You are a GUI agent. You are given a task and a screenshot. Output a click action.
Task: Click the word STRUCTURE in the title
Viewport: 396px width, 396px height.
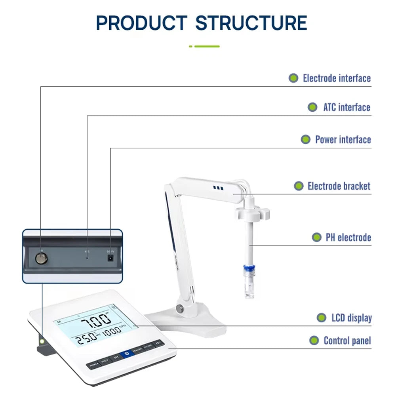pyautogui.click(x=251, y=23)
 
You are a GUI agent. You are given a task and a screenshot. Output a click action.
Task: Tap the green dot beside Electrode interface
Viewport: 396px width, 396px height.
pyautogui.click(x=293, y=78)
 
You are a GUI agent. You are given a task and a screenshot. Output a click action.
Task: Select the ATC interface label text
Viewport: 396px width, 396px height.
pyautogui.click(x=346, y=107)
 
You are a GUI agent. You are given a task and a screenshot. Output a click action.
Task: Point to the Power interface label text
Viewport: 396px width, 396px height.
pyautogui.click(x=343, y=140)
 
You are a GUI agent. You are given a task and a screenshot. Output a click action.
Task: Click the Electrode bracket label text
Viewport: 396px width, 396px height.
pyautogui.click(x=339, y=186)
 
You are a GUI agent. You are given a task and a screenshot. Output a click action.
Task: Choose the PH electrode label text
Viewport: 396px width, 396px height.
pyautogui.click(x=348, y=238)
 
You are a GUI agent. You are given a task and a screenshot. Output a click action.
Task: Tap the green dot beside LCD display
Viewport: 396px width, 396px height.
pyautogui.click(x=322, y=318)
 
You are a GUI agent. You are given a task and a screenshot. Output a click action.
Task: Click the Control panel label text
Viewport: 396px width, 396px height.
pyautogui.click(x=347, y=341)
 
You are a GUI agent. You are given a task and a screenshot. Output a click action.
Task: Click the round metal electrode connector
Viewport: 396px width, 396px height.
pyautogui.click(x=40, y=259)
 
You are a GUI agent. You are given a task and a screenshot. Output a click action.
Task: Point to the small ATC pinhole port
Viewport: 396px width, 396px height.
pyautogui.click(x=87, y=258)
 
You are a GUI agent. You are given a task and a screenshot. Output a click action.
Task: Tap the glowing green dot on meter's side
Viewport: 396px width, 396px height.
pyautogui.click(x=41, y=341)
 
